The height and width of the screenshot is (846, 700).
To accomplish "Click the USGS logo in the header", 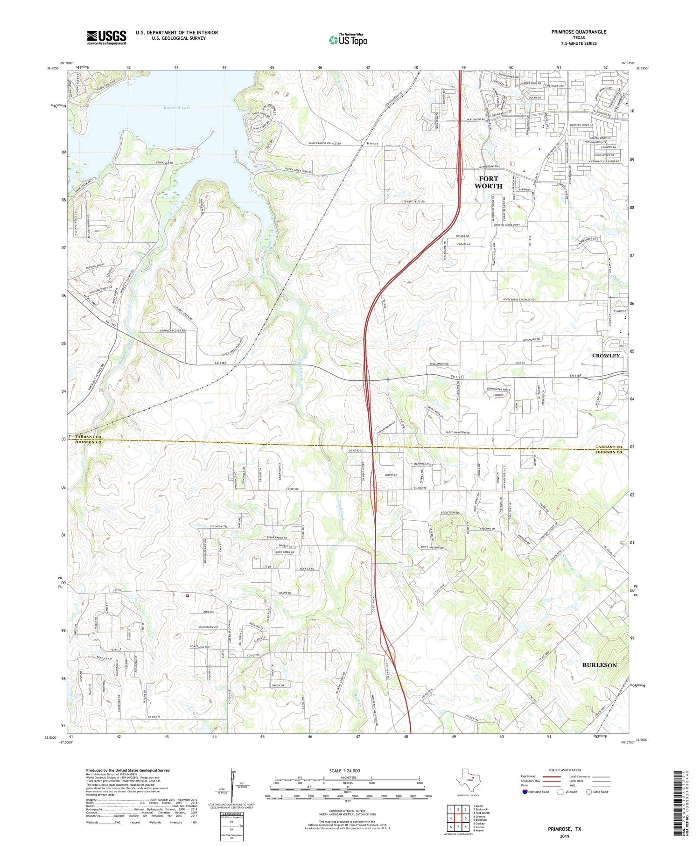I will tap(106, 37).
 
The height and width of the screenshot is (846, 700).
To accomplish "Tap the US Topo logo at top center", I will tap(348, 40).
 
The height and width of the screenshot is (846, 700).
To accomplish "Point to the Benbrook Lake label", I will tap(177, 107).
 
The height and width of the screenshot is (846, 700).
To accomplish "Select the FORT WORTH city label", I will tap(488, 182).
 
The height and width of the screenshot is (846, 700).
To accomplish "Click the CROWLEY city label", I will tap(606, 356).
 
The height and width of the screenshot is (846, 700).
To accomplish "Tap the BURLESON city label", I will tap(599, 665).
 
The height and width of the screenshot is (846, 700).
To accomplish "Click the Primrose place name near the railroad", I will tap(372, 144).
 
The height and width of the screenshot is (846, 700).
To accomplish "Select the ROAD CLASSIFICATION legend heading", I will tap(565, 770).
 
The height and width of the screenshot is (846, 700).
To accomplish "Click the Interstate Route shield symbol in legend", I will tap(525, 792).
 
